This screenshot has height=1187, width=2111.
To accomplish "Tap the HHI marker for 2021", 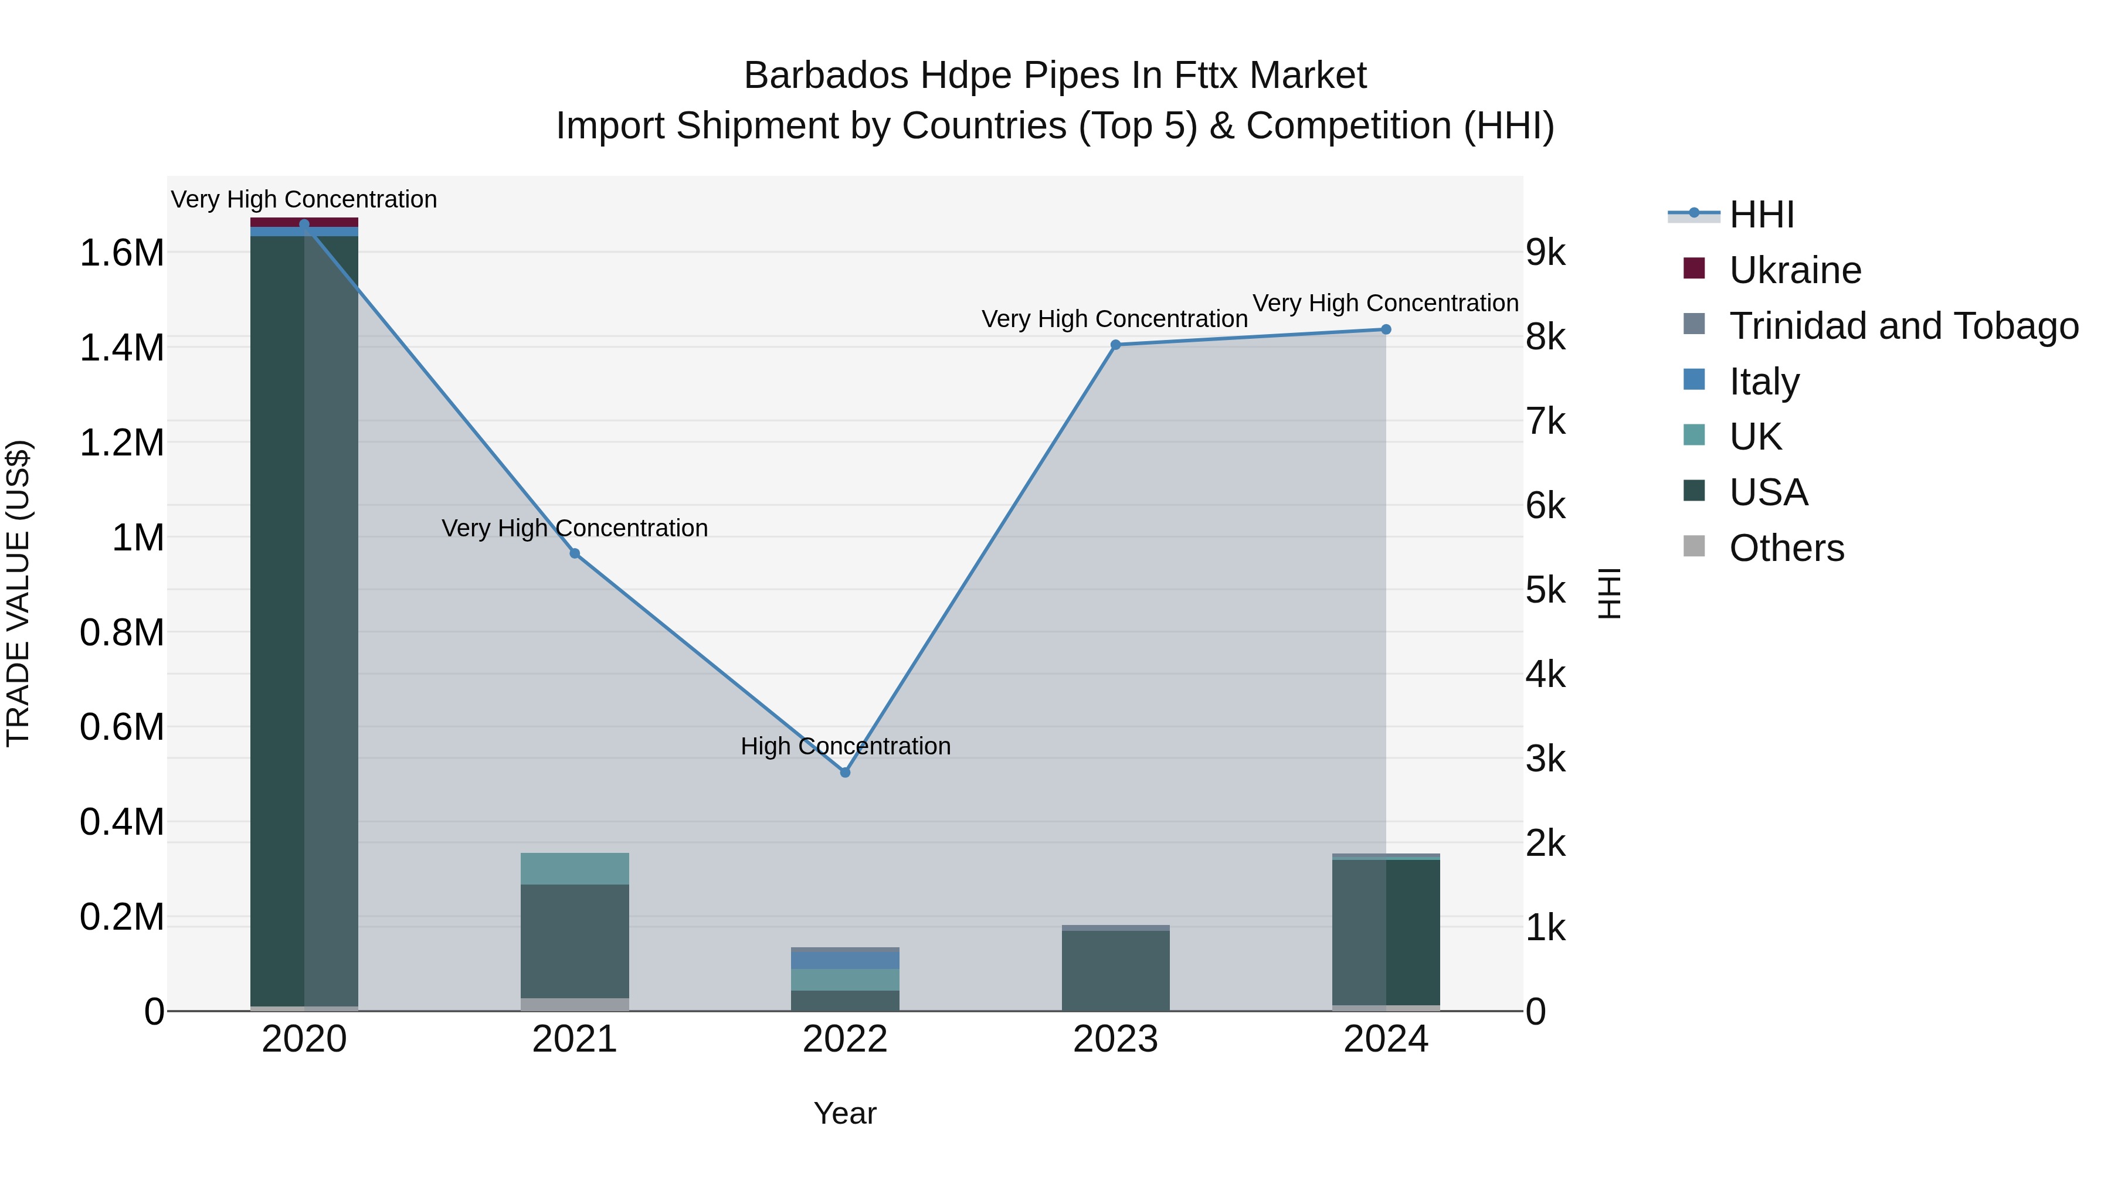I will coord(575,554).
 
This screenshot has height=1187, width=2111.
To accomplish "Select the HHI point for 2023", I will coord(1115,345).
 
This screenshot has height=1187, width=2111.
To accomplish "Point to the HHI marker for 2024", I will coord(1386,329).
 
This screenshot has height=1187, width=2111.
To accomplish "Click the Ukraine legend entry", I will coord(1795,270).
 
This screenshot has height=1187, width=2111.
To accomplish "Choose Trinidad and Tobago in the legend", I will coord(1903,326).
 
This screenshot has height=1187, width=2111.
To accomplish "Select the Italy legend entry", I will coord(1763,382).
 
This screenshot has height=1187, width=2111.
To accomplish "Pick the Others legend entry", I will coord(1787,548).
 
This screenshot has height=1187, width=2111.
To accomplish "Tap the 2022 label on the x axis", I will coord(845,1039).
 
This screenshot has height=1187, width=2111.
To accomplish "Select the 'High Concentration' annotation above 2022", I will coord(845,746).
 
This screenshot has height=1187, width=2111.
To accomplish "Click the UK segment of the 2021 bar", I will coord(575,868).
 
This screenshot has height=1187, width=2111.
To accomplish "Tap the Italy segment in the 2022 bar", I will coord(845,959).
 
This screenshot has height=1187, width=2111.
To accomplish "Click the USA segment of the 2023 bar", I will coord(1115,971).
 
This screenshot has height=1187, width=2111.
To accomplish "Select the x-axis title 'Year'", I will coord(845,1113).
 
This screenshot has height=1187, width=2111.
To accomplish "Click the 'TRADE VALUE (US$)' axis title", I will coord(18,593).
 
